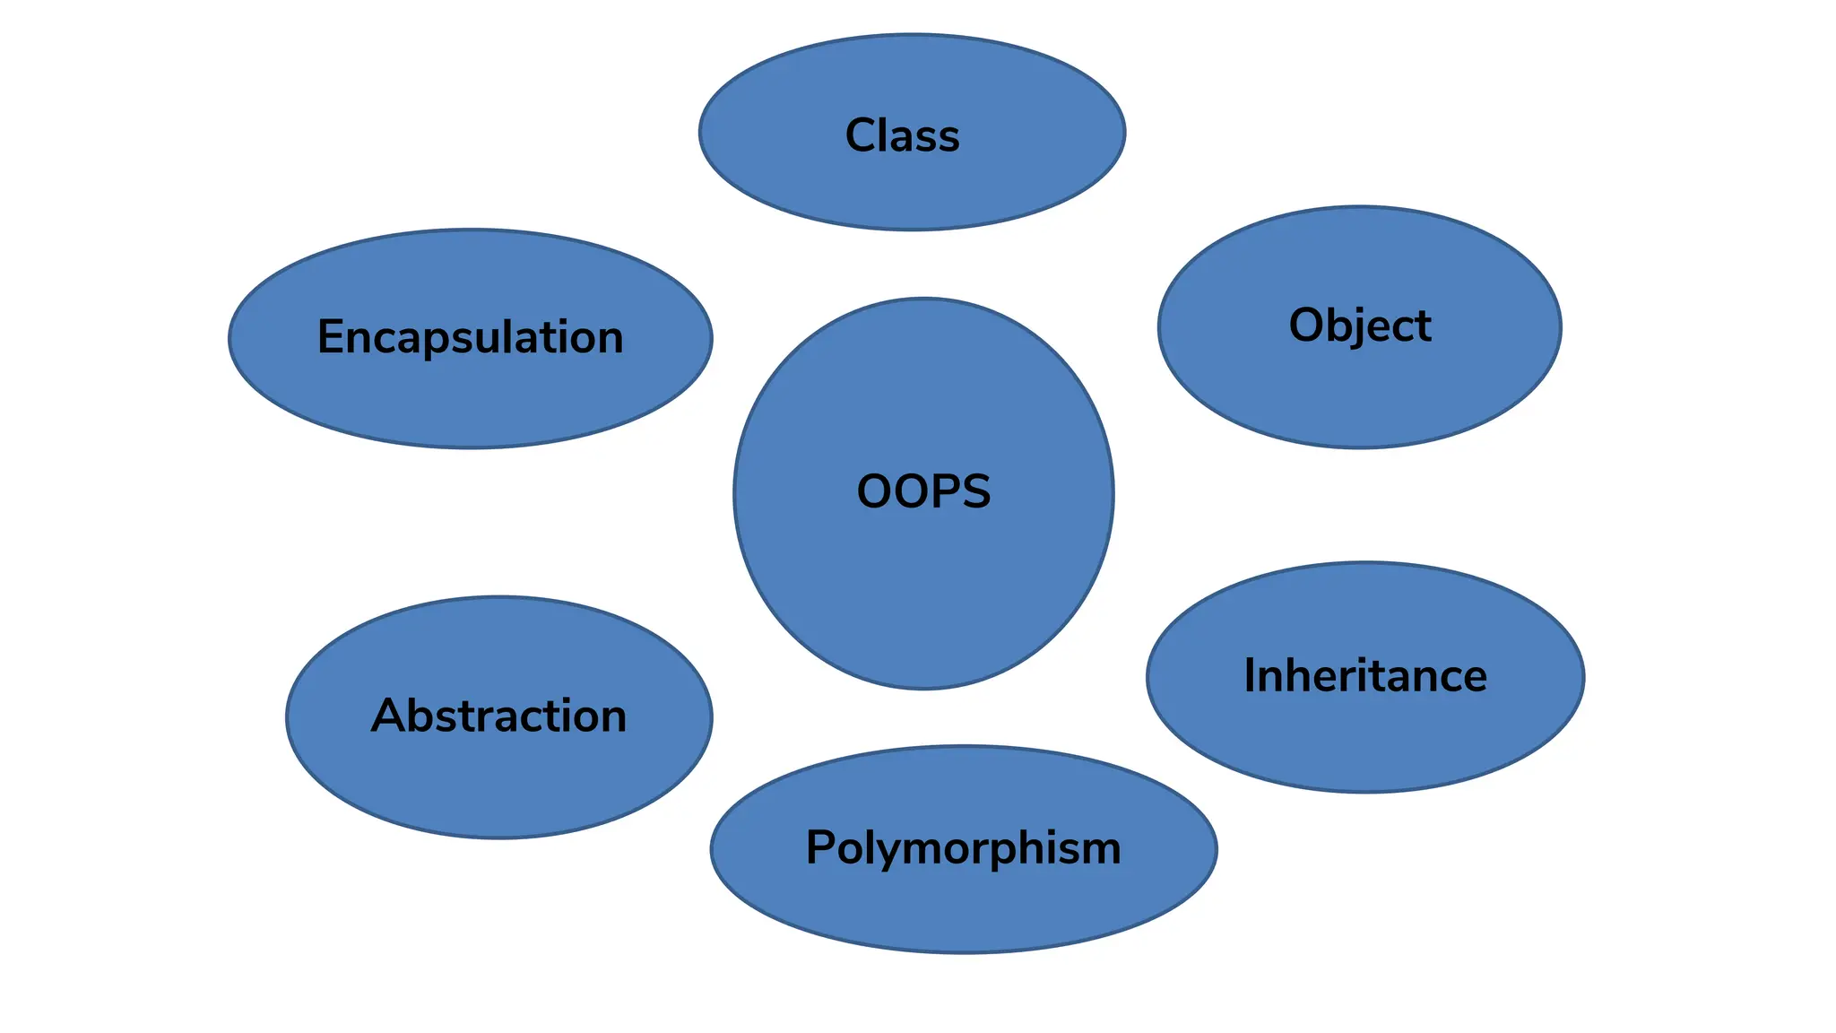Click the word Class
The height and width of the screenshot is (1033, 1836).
pyautogui.click(x=902, y=136)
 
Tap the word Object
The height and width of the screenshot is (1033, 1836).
pyautogui.click(x=1359, y=326)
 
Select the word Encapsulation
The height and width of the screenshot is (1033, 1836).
pyautogui.click(x=470, y=338)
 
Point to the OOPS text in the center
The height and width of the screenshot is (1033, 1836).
pyautogui.click(x=923, y=492)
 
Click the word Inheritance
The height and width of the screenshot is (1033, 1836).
pyautogui.click(x=1364, y=676)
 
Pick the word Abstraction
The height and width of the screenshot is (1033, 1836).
pyautogui.click(x=498, y=716)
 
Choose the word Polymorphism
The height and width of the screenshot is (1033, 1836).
pyautogui.click(x=963, y=848)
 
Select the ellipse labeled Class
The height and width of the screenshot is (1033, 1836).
pyautogui.click(x=912, y=193)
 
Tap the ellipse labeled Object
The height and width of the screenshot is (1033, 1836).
pyautogui.click(x=1359, y=395)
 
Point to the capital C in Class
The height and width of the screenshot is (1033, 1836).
pyautogui.click(x=862, y=136)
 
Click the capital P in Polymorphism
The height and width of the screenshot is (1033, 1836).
pyautogui.click(x=821, y=847)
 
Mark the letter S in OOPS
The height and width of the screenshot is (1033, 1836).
pyautogui.click(x=975, y=492)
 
